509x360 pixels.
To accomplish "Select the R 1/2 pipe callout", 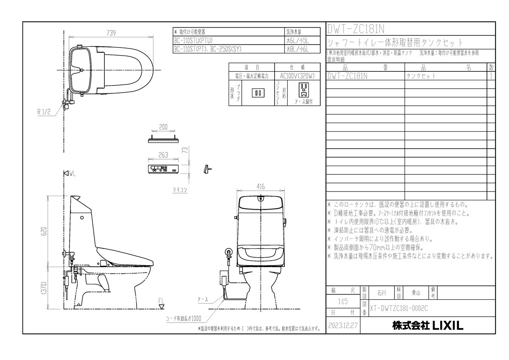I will [x=44, y=112].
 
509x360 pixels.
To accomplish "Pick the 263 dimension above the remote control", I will [x=163, y=155].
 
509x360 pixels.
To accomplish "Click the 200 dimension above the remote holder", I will [x=163, y=127].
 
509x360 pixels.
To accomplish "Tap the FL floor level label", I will [x=161, y=302].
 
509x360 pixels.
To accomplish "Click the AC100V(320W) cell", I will [x=297, y=75].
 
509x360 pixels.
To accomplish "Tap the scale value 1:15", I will [x=343, y=302].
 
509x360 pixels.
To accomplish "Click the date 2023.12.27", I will [x=343, y=326].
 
